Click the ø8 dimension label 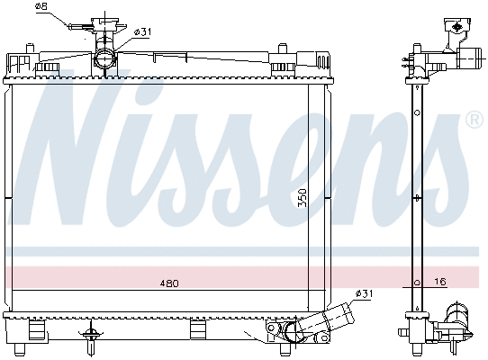(41, 6)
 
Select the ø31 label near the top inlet (142, 32)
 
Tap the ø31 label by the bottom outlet (364, 293)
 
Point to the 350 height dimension (303, 198)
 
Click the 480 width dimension (169, 283)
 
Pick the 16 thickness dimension (440, 282)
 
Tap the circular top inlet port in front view (104, 58)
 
